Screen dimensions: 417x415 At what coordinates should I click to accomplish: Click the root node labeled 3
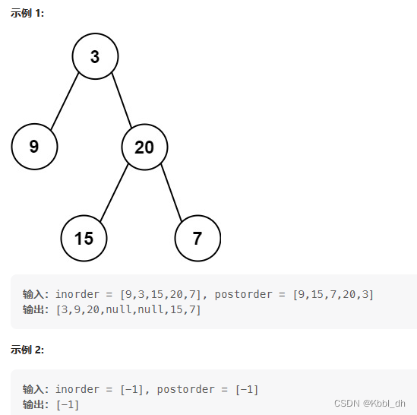[x=95, y=56]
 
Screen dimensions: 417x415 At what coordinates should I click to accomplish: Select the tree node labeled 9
[x=34, y=147]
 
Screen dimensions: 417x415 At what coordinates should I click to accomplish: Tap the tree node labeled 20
[x=144, y=147]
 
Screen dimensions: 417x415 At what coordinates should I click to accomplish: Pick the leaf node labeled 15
[x=84, y=238]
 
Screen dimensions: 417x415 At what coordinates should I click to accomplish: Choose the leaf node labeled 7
[x=197, y=238]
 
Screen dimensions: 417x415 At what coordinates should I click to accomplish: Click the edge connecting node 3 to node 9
[x=65, y=101]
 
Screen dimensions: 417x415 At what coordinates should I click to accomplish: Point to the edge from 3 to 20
[x=122, y=100]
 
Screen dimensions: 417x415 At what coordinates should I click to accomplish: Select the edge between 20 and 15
[x=114, y=192]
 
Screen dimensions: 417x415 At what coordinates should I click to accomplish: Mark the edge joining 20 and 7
[x=172, y=193]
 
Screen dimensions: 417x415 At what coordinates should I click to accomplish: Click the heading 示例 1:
[x=27, y=13]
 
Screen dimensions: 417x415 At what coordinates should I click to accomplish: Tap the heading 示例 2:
[x=27, y=350]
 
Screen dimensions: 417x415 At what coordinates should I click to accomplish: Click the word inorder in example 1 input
[x=77, y=294]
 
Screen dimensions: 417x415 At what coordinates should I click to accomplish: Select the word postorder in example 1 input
[x=243, y=294]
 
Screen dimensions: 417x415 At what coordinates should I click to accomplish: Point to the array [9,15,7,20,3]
[x=333, y=295]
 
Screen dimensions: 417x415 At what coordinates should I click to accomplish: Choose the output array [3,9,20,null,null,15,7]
[x=128, y=310]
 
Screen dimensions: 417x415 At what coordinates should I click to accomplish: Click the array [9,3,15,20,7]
[x=160, y=295]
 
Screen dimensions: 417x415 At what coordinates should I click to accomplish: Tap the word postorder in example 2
[x=185, y=389]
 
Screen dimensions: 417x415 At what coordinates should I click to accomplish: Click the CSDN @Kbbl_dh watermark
[x=370, y=404]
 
